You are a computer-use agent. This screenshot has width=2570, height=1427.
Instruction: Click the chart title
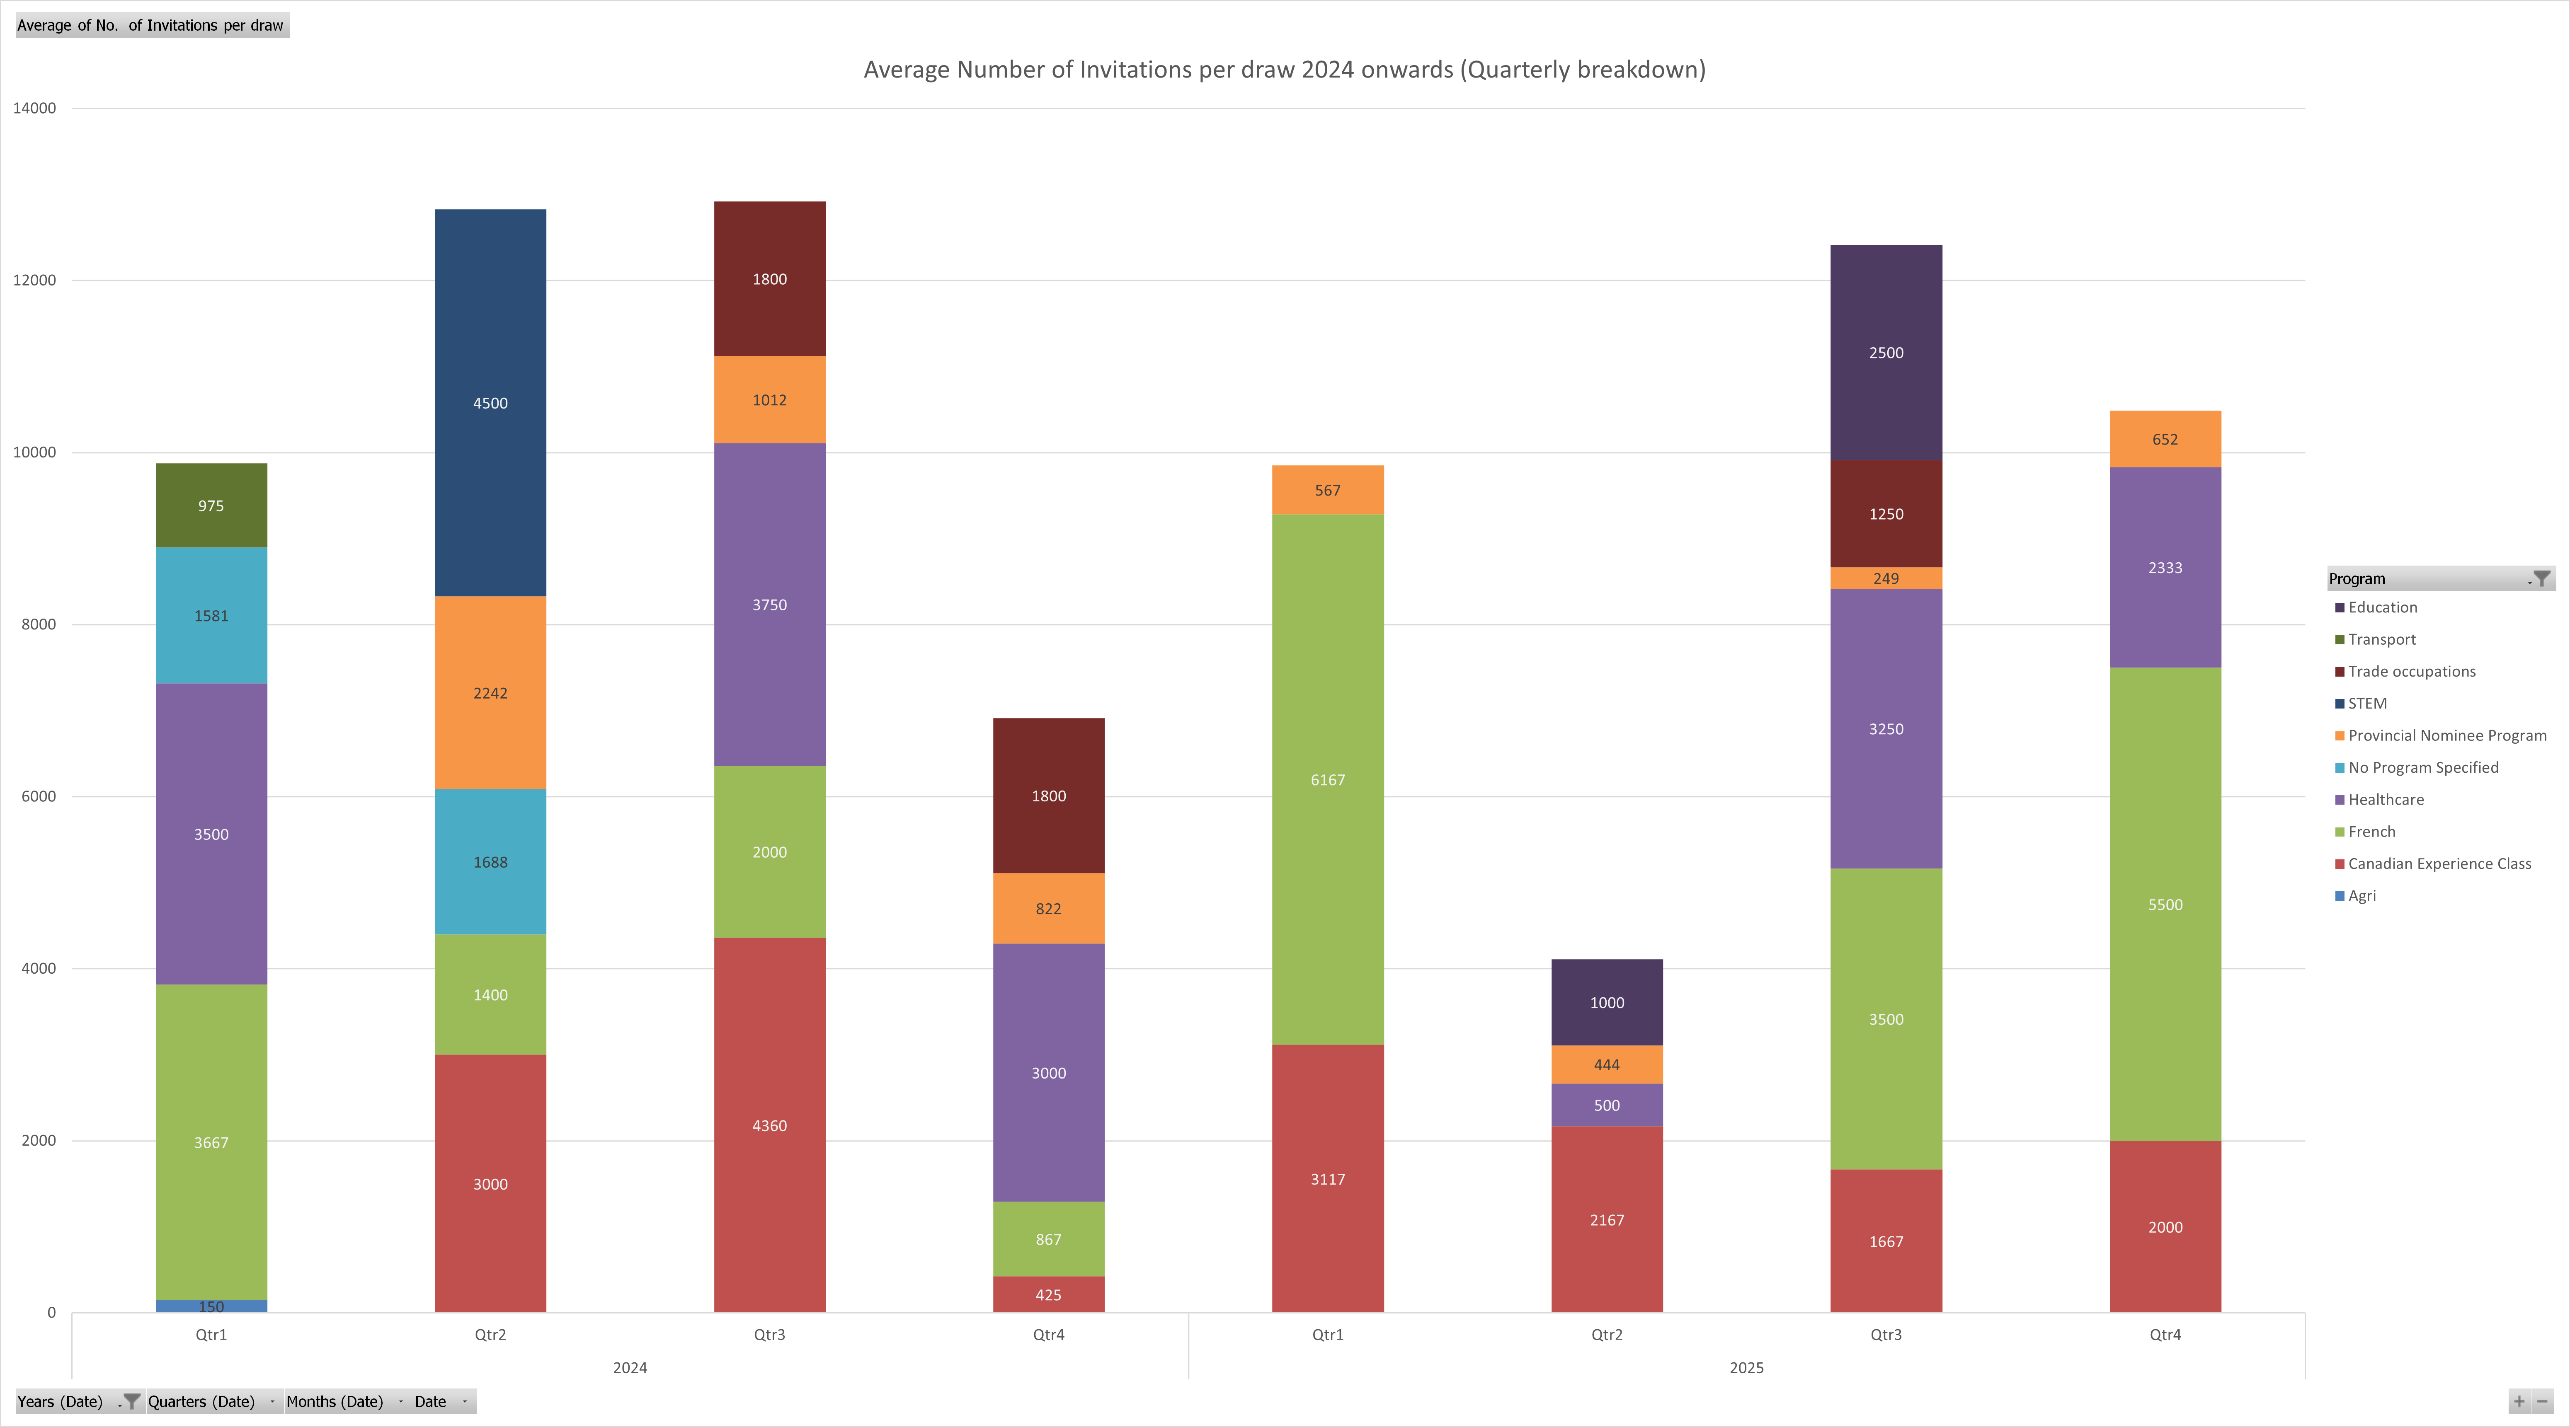pyautogui.click(x=1284, y=70)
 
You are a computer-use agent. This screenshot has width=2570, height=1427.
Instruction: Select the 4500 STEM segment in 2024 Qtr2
pyautogui.click(x=490, y=403)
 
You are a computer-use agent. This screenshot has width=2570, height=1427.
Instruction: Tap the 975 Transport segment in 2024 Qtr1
pyautogui.click(x=211, y=505)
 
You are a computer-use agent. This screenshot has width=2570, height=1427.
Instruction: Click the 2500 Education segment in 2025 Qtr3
pyautogui.click(x=1886, y=353)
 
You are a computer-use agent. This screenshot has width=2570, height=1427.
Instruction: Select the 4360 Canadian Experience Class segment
pyautogui.click(x=769, y=1126)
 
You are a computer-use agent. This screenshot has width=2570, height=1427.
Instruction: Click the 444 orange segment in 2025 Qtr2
pyautogui.click(x=1606, y=1065)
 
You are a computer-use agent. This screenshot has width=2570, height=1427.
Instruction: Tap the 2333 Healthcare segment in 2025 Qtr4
pyautogui.click(x=2165, y=567)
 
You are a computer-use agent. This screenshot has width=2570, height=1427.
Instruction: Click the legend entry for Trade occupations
pyautogui.click(x=2410, y=671)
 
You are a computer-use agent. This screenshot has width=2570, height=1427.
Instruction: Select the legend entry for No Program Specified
pyautogui.click(x=2422, y=767)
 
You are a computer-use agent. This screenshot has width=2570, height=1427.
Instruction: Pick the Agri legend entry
pyautogui.click(x=2361, y=895)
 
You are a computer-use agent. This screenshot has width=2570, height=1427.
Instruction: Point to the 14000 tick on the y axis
pyautogui.click(x=35, y=108)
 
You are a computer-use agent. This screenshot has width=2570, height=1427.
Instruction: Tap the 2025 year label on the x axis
pyautogui.click(x=1746, y=1367)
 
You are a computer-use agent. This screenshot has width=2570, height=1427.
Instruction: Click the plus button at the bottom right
pyautogui.click(x=2519, y=1401)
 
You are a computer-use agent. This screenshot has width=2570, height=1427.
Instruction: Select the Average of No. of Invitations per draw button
pyautogui.click(x=150, y=25)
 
